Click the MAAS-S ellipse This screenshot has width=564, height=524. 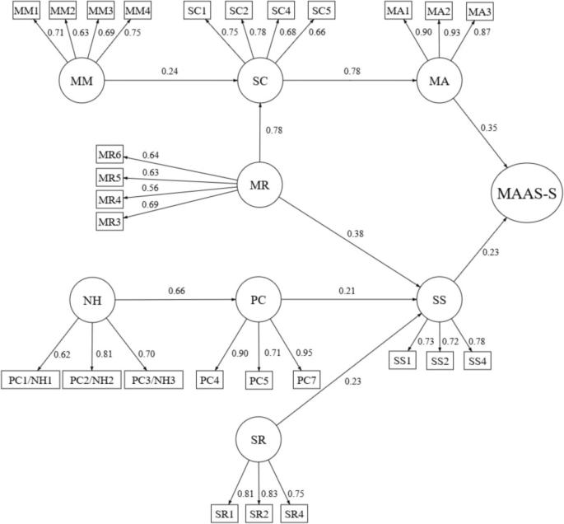(526, 194)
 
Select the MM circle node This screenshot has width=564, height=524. (81, 82)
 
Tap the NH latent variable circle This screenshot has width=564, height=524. (92, 302)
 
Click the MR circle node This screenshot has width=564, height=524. (259, 185)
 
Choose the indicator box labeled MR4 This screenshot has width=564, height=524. (110, 200)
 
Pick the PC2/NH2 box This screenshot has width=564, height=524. (91, 381)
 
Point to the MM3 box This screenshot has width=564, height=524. (100, 12)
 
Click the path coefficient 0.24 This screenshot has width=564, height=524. (171, 72)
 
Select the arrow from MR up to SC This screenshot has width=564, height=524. (259, 132)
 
